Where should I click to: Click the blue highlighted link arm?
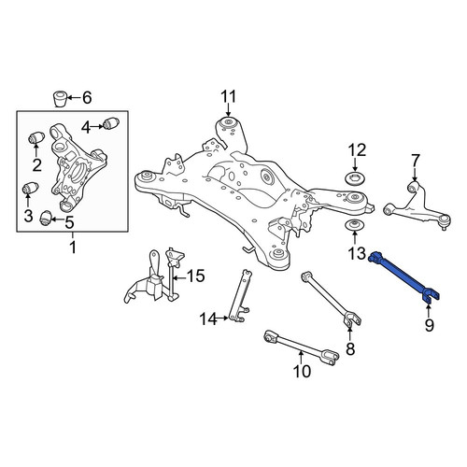[403, 276]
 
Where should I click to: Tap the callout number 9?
[429, 325]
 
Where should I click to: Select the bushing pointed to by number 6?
[60, 99]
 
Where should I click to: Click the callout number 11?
[229, 97]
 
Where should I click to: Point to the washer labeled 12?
[355, 179]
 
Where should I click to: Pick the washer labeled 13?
[354, 225]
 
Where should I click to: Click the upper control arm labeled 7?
[416, 204]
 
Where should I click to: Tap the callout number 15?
[195, 276]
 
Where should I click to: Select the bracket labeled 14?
[239, 295]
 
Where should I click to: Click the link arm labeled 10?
[301, 347]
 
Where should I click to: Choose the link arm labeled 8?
[331, 299]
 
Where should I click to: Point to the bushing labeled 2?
[36, 138]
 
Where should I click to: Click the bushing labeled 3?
[31, 188]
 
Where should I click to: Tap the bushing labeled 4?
[111, 123]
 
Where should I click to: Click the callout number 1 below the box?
[73, 248]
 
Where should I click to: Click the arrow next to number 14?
[223, 318]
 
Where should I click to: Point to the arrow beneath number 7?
[415, 175]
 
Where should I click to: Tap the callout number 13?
[357, 253]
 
